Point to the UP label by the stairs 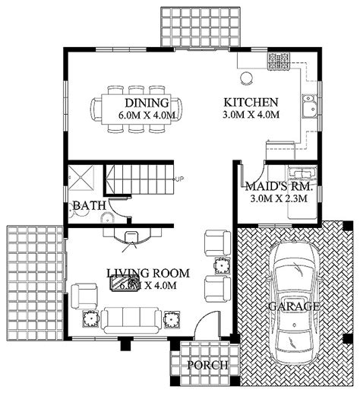tap(179, 179)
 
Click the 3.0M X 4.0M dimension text tap(251, 116)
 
